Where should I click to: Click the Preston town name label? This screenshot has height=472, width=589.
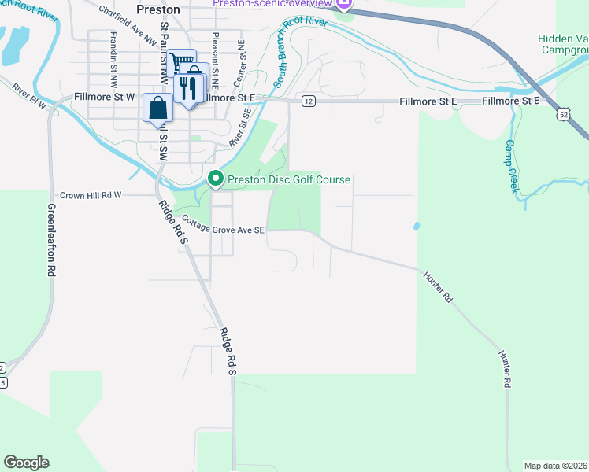tap(158, 10)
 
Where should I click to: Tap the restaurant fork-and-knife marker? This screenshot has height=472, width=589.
tap(188, 89)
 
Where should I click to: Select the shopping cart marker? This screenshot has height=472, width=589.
tap(181, 61)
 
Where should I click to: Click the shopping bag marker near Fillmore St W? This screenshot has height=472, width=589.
tap(157, 108)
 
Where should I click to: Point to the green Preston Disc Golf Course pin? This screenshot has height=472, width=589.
tap(217, 180)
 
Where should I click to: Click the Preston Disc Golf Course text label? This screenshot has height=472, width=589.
tap(288, 180)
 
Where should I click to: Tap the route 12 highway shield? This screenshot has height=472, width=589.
tap(308, 101)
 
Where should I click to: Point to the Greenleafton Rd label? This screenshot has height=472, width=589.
tap(51, 239)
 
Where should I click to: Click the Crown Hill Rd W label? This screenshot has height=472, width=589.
tap(91, 195)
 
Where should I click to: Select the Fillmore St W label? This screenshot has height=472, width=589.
tap(104, 97)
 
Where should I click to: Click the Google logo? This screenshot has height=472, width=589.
tap(26, 463)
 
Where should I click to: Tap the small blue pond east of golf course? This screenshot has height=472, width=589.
tap(416, 227)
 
